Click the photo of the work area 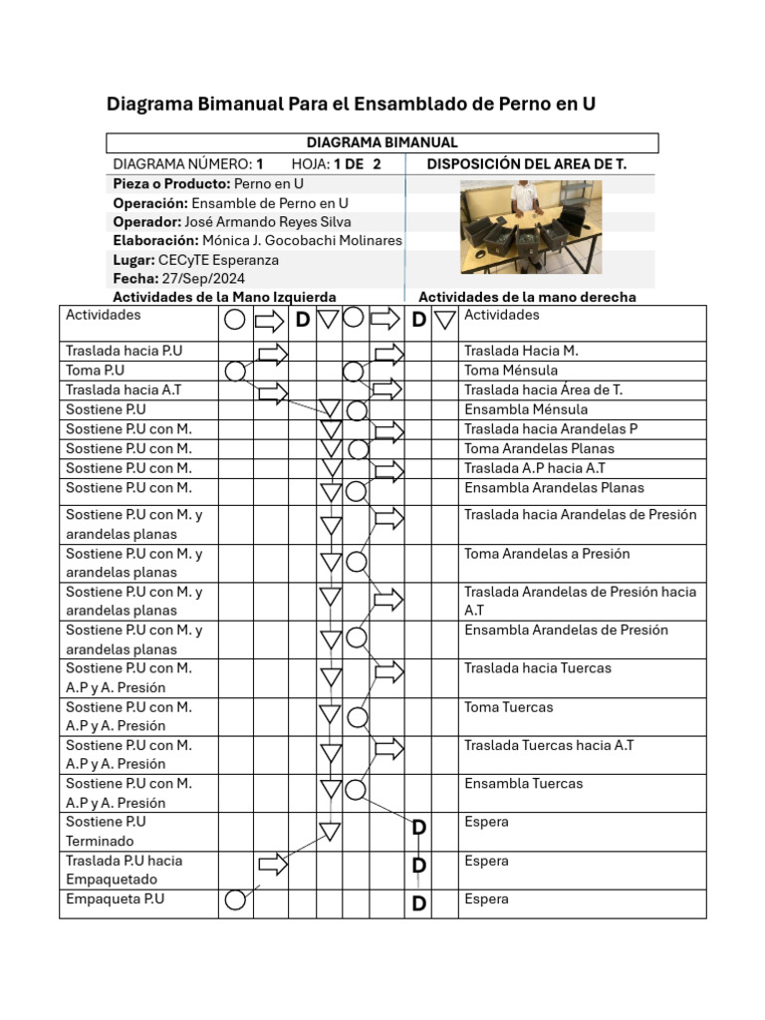pos(530,226)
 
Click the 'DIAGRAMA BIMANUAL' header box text pos(382,142)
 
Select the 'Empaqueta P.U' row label pos(115,899)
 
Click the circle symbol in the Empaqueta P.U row pos(235,900)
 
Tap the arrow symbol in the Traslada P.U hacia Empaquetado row pos(273,864)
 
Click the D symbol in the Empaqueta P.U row pos(419,903)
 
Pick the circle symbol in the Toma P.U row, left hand pos(235,372)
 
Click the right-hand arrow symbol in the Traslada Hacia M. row pos(388,353)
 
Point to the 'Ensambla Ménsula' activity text pos(526,409)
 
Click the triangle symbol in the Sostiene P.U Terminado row pos(330,831)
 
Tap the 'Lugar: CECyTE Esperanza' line pos(196,260)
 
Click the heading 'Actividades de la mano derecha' pos(527,297)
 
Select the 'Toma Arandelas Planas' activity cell pos(539,448)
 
